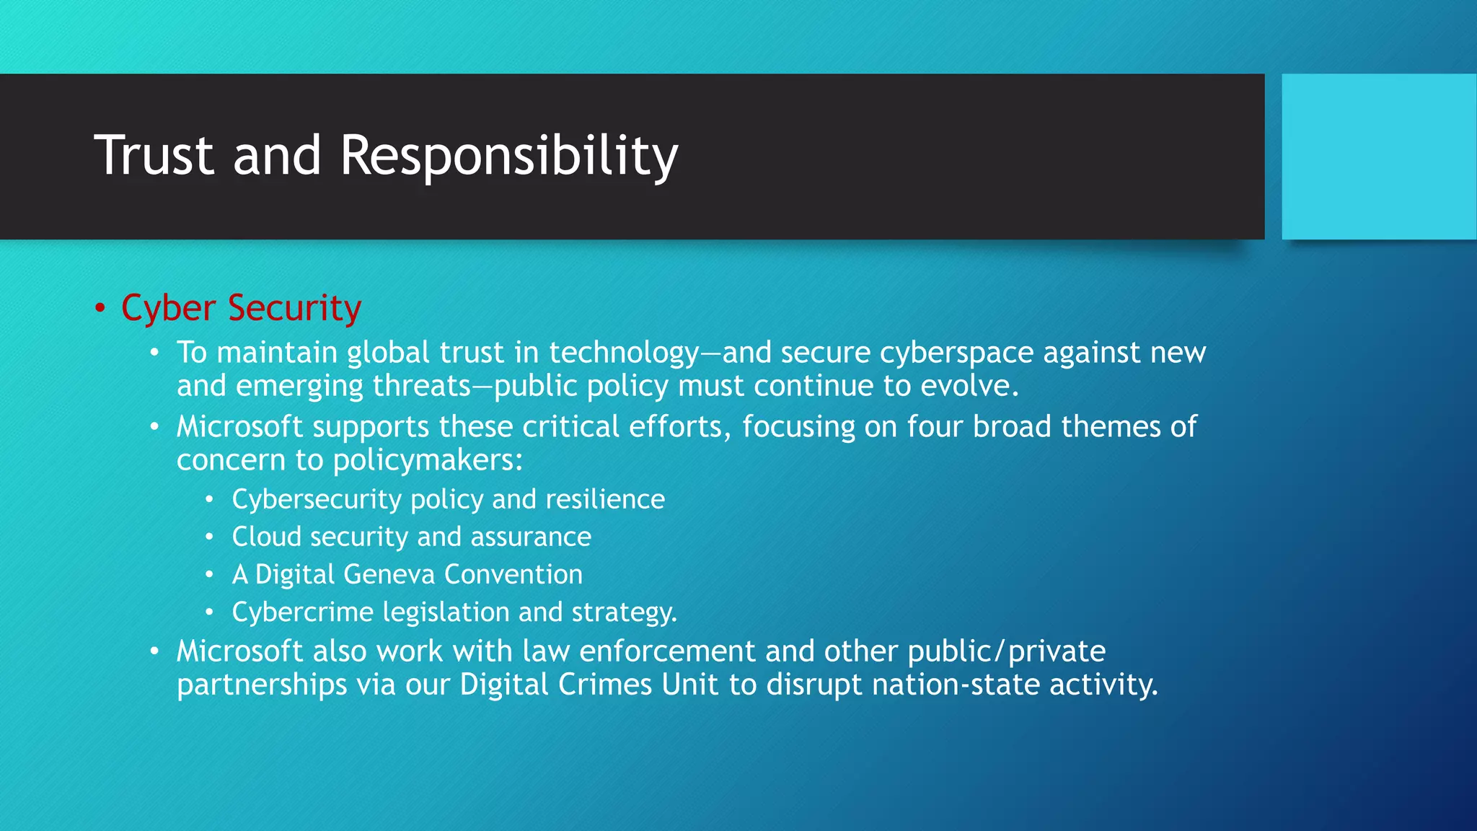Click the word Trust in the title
pyautogui.click(x=154, y=155)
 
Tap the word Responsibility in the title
pyautogui.click(x=508, y=157)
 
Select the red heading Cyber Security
pyautogui.click(x=241, y=309)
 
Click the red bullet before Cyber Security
pyautogui.click(x=100, y=309)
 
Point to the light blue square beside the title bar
pyautogui.click(x=1379, y=157)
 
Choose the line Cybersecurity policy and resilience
pyautogui.click(x=448, y=499)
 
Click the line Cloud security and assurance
pyautogui.click(x=411, y=537)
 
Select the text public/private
pyautogui.click(x=1006, y=651)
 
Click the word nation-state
pyautogui.click(x=956, y=685)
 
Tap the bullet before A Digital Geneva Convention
pyautogui.click(x=209, y=575)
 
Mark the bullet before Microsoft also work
pyautogui.click(x=154, y=651)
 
